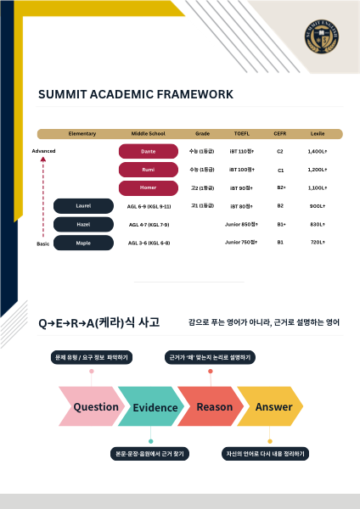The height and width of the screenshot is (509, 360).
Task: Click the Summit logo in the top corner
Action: (322, 35)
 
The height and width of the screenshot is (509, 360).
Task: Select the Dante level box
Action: (149, 151)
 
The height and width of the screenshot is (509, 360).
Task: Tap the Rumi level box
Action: (149, 170)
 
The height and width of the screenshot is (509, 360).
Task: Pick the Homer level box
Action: (149, 187)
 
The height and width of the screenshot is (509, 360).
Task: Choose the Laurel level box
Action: (83, 205)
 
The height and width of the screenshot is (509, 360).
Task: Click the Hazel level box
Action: (83, 224)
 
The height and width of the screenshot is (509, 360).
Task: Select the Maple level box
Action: (83, 243)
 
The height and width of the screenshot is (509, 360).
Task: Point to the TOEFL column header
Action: (242, 134)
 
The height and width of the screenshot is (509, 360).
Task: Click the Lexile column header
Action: (318, 134)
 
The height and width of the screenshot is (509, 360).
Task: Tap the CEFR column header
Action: (280, 134)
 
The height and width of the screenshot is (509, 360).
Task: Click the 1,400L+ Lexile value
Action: (318, 151)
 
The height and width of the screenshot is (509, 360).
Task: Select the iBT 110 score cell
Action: (242, 151)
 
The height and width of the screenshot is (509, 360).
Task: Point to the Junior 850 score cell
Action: (240, 224)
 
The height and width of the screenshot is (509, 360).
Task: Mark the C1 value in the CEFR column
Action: (280, 170)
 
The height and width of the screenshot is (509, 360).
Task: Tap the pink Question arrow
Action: (92, 406)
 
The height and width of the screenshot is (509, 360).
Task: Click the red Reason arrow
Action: (212, 406)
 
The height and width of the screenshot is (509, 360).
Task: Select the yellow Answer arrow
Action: (272, 406)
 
